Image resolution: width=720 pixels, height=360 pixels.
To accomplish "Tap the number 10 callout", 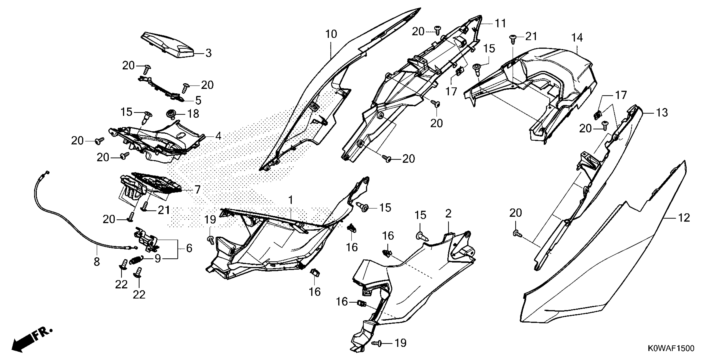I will tap(331, 34).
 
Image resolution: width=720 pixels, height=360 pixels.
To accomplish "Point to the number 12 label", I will tap(684, 218).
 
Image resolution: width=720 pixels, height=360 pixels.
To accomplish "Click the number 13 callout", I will tap(662, 113).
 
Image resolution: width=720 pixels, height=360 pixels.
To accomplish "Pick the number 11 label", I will tap(500, 24).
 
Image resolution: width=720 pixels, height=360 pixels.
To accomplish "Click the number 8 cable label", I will tap(97, 262).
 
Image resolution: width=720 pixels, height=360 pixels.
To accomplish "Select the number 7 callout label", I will tap(197, 190).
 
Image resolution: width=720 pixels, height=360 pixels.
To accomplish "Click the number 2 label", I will tap(448, 214).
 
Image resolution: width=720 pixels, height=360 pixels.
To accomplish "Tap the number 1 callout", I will tap(291, 200).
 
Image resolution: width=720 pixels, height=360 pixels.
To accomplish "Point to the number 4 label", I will tap(218, 136).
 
